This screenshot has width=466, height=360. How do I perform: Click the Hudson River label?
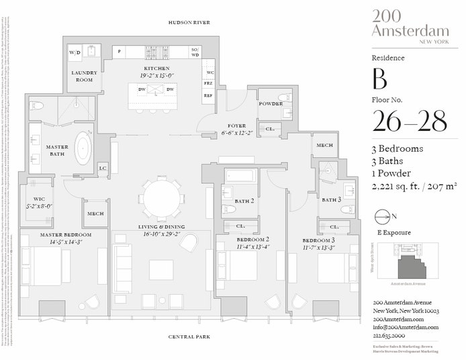click(189, 22)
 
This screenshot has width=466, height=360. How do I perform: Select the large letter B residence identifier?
click(380, 80)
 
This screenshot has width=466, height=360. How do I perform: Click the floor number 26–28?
click(410, 123)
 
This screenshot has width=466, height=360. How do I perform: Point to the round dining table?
click(162, 198)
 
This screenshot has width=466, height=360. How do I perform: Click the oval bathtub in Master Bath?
click(83, 148)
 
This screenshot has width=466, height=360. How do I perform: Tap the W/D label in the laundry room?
click(74, 52)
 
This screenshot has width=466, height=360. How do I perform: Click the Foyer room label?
click(236, 126)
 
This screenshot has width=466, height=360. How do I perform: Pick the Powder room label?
click(271, 104)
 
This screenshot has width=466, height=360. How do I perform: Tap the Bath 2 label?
click(243, 201)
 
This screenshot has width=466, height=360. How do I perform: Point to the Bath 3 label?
click(330, 199)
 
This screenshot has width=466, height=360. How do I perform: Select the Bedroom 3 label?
click(318, 240)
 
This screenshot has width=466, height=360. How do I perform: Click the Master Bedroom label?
click(64, 234)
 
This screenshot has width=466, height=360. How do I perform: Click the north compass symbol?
click(383, 217)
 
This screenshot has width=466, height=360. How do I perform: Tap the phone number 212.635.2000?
click(394, 335)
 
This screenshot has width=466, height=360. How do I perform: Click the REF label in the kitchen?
click(209, 95)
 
